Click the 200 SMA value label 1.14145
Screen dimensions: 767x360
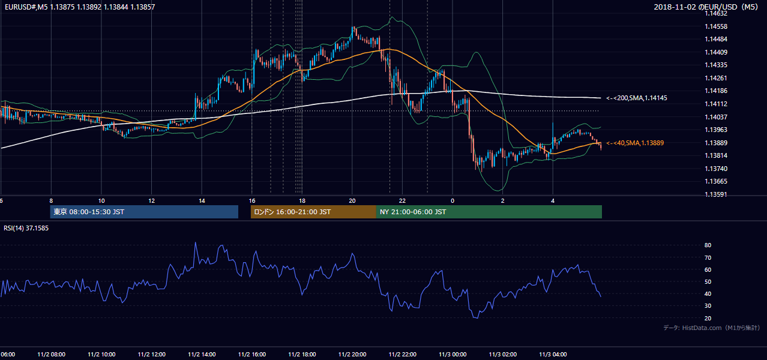pyautogui.click(x=637, y=98)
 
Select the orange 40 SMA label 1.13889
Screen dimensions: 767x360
pyautogui.click(x=635, y=143)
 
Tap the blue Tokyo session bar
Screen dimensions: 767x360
pyautogui.click(x=144, y=212)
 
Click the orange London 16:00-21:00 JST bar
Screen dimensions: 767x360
pyautogui.click(x=313, y=212)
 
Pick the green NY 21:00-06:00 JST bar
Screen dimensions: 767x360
pyautogui.click(x=489, y=212)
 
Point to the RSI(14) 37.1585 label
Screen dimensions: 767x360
pyautogui.click(x=26, y=228)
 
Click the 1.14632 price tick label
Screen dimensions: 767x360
pyautogui.click(x=716, y=14)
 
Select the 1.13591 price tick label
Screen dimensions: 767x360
pyautogui.click(x=716, y=194)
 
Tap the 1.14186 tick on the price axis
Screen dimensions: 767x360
pyautogui.click(x=716, y=91)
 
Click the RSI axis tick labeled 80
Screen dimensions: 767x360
pyautogui.click(x=708, y=245)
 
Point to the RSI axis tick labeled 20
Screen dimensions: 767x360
pyautogui.click(x=708, y=318)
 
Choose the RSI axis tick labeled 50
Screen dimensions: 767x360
pyautogui.click(x=708, y=281)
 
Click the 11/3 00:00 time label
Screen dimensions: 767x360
pyautogui.click(x=453, y=355)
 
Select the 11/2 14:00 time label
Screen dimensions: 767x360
pyautogui.click(x=202, y=355)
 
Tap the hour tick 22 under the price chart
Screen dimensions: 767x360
pyautogui.click(x=402, y=201)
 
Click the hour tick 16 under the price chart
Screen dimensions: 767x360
pyautogui.click(x=252, y=201)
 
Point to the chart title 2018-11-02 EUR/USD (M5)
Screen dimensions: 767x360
pyautogui.click(x=706, y=7)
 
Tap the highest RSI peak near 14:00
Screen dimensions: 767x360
pyautogui.click(x=196, y=242)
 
